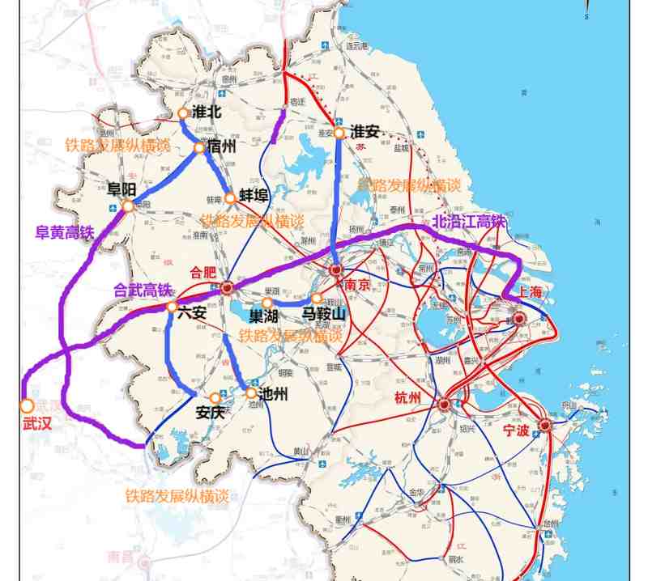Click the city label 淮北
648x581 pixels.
(207, 112)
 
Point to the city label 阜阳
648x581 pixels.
(124, 188)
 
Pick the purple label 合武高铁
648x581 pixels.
(143, 290)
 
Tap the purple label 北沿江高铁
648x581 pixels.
(469, 220)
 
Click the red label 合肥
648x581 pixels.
(203, 272)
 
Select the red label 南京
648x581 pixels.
(357, 284)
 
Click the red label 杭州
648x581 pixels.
(409, 397)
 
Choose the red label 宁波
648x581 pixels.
(516, 430)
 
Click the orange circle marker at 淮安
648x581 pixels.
(340, 134)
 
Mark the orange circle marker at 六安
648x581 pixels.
(172, 307)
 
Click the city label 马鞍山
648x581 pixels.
(324, 313)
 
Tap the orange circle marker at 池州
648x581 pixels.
(251, 392)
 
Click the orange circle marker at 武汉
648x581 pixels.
(27, 405)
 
